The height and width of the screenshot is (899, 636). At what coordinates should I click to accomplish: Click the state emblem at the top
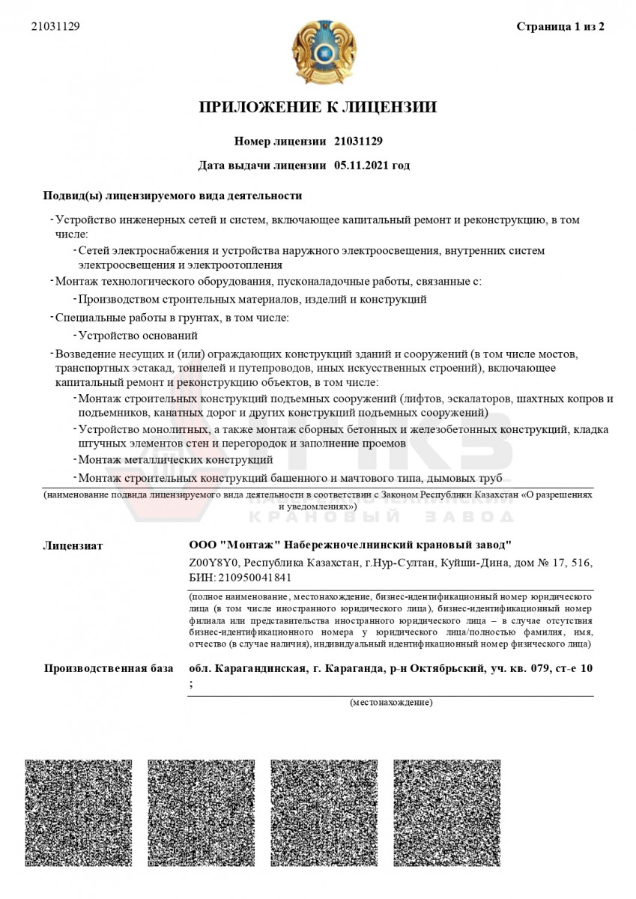point(318,52)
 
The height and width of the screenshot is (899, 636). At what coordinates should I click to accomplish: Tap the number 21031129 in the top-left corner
point(55,27)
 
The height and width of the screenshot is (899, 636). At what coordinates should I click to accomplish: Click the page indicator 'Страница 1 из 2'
point(560,27)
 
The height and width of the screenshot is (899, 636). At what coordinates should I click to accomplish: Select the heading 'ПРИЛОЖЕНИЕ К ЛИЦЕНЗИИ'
point(318,108)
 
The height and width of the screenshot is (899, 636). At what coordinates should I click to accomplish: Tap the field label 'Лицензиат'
point(73,545)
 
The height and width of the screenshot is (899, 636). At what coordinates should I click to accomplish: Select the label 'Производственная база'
point(108,668)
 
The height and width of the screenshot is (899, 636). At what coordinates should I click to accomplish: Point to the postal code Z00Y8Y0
point(213,562)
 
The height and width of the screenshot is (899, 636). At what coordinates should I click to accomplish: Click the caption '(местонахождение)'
point(390,703)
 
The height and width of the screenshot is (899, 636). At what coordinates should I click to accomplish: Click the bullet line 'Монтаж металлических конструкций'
point(175,458)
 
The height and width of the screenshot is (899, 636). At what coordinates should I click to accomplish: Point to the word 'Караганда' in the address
point(349,668)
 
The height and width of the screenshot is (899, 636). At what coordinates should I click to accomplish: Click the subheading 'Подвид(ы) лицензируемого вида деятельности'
point(172,196)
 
